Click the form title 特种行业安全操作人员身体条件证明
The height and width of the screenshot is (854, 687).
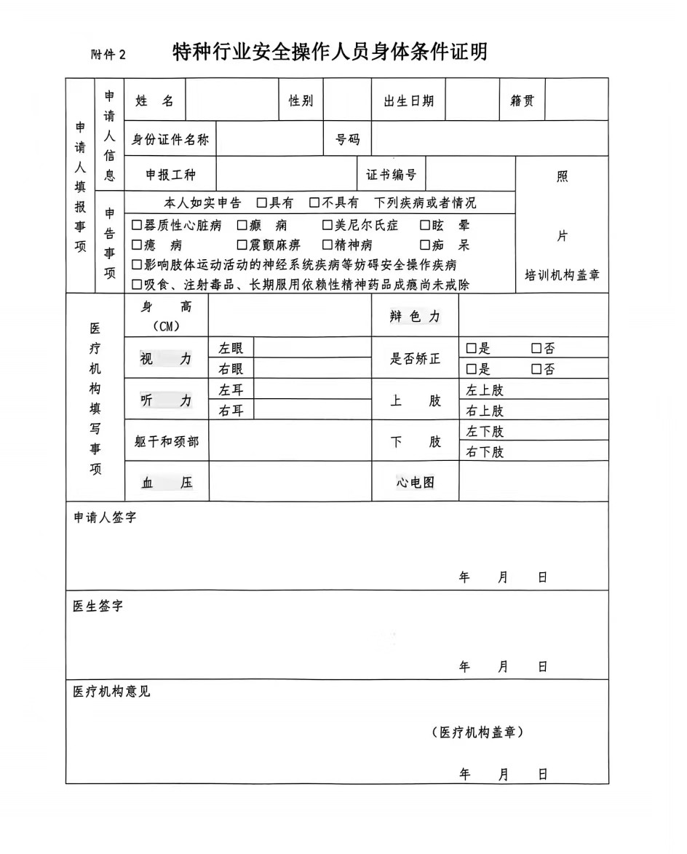(330, 52)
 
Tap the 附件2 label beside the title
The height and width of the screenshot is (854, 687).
(108, 55)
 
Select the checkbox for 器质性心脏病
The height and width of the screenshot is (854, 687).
(137, 226)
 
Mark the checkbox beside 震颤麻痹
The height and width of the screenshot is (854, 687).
(242, 245)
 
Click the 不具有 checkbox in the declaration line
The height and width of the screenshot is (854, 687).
(314, 203)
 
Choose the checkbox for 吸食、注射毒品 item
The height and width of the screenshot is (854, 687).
(137, 284)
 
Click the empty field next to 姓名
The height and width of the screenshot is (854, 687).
(232, 100)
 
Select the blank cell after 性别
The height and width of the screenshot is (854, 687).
(347, 100)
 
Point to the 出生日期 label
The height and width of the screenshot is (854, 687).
(408, 101)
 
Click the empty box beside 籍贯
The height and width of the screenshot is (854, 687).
(576, 100)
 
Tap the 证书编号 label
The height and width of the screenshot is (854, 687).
(392, 175)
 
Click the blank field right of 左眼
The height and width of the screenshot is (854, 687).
(311, 348)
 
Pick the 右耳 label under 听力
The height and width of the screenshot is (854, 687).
(231, 411)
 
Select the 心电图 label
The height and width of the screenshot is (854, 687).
(416, 482)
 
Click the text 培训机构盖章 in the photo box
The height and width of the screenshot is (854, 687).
(562, 276)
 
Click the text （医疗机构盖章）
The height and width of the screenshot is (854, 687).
(477, 732)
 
